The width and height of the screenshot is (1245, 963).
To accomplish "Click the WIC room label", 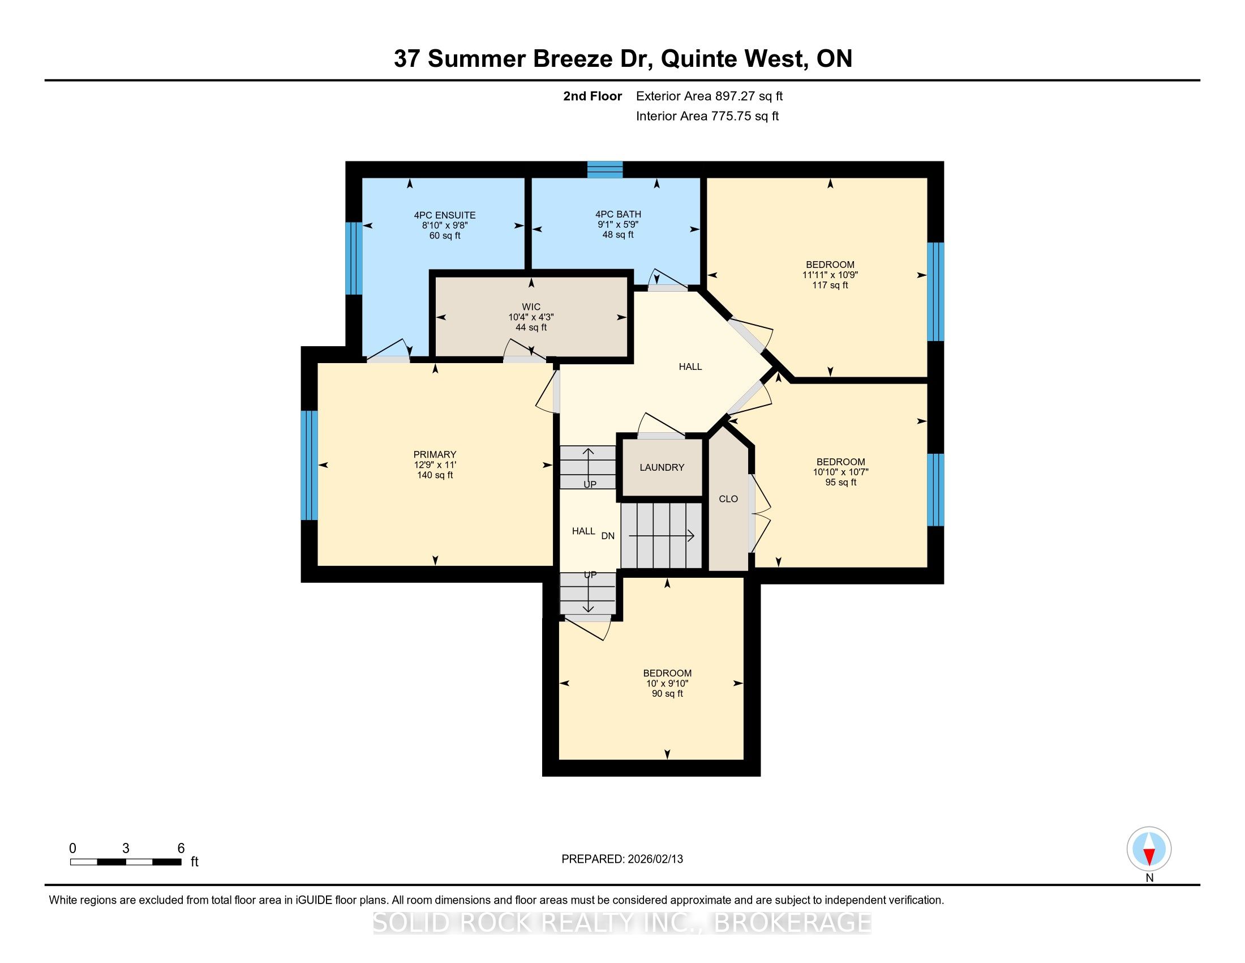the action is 531,307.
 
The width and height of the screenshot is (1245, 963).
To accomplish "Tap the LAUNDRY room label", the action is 662,467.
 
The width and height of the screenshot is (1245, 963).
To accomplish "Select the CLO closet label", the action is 728,498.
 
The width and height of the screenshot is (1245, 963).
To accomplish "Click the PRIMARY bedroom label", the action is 435,454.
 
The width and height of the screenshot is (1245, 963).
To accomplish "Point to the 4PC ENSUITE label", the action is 445,215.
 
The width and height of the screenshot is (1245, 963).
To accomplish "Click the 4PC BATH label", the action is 618,214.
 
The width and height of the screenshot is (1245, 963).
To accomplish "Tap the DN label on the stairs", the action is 608,536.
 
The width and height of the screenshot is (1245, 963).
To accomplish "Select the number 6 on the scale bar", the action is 181,849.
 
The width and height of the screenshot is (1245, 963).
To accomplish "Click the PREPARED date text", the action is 622,859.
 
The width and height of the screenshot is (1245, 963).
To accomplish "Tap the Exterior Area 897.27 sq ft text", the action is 709,96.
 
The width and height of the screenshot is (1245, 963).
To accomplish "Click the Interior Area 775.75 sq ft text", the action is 707,116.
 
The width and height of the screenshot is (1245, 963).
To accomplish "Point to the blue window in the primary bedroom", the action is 309,465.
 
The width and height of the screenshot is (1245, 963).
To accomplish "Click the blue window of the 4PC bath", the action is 605,169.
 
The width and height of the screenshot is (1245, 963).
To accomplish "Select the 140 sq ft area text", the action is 435,475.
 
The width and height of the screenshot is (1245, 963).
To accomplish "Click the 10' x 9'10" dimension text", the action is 667,684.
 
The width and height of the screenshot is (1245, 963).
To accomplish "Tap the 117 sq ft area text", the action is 830,285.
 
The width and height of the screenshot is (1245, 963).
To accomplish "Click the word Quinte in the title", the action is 699,59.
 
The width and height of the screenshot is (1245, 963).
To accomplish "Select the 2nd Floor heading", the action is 593,96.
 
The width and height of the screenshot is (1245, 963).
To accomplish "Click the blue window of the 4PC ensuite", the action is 354,258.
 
